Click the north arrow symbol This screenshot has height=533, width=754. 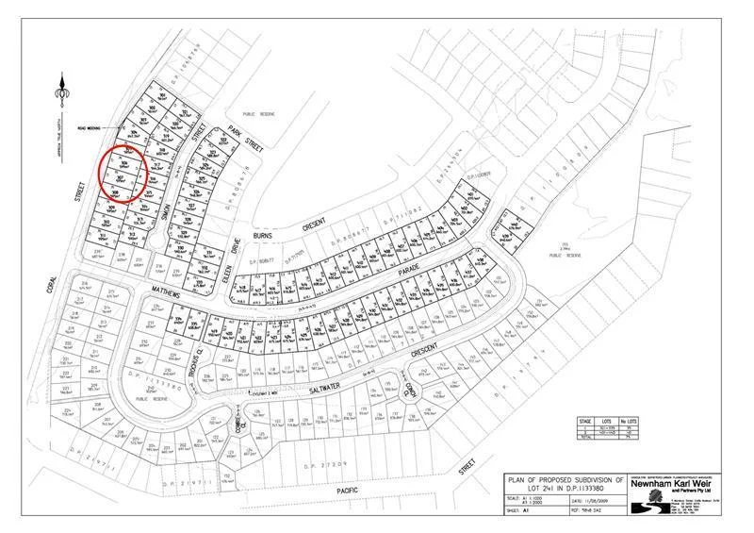tap(64, 92)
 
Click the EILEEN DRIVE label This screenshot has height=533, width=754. tap(224, 248)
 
